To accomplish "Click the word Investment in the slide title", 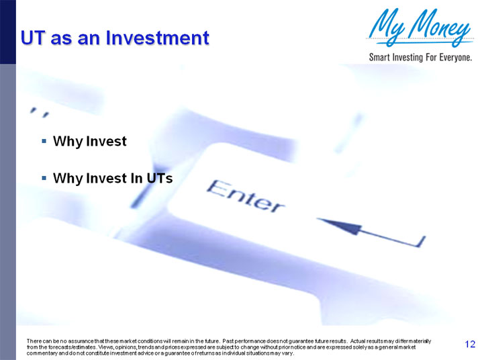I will point(158,37).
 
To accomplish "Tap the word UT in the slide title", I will point(32,37).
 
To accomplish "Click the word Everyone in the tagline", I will point(453,57).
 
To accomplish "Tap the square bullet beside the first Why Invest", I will point(44,142).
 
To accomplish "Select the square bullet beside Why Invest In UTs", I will point(44,178).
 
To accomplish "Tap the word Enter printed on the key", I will point(244,195).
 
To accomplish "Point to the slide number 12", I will point(470,345).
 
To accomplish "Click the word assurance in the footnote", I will point(68,342).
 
